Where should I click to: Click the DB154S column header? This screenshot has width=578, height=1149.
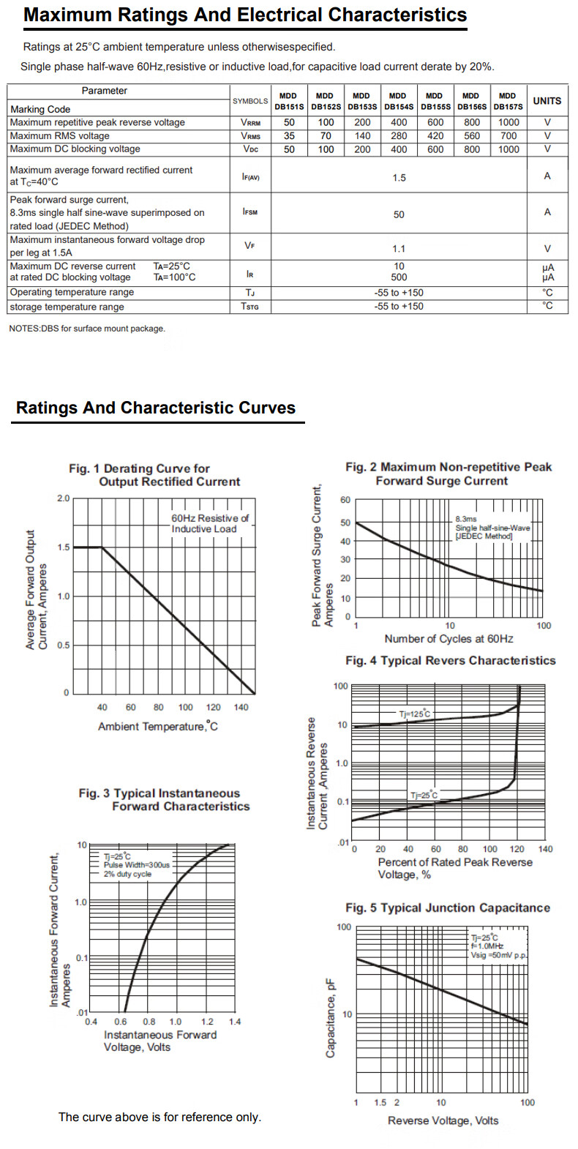click(x=398, y=101)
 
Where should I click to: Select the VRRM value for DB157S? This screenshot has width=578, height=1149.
click(x=508, y=123)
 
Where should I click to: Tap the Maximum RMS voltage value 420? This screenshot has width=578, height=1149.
click(x=435, y=136)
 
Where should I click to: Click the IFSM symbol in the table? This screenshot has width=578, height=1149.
click(x=250, y=212)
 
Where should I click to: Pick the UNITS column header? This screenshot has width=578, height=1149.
click(x=547, y=101)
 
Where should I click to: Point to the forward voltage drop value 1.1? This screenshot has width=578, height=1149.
click(x=399, y=249)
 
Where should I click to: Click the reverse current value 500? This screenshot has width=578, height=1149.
click(x=399, y=277)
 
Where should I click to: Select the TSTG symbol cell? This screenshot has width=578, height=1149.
click(x=250, y=307)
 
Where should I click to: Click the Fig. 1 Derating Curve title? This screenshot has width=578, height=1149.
click(x=154, y=475)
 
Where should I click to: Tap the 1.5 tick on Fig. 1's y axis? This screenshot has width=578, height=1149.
click(x=64, y=547)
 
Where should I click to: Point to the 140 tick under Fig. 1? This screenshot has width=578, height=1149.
click(x=241, y=708)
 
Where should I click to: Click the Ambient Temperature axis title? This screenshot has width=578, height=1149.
click(x=158, y=727)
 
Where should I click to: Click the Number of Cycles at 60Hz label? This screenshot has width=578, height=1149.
click(x=448, y=639)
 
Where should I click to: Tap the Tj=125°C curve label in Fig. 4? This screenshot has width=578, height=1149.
click(x=414, y=714)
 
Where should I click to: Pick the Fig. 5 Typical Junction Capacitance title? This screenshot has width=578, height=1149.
click(x=448, y=908)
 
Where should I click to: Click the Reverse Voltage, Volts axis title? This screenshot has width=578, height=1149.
click(x=443, y=1121)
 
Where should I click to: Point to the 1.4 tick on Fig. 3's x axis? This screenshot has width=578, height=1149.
click(x=234, y=1022)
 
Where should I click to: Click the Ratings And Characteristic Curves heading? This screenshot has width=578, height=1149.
click(x=156, y=408)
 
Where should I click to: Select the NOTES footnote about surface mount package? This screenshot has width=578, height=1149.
click(x=87, y=329)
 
